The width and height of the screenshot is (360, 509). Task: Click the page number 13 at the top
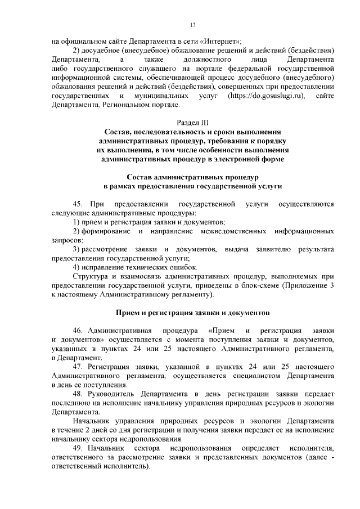192,25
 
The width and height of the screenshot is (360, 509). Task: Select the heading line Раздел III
192,123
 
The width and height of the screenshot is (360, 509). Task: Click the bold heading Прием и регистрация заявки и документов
192,312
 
